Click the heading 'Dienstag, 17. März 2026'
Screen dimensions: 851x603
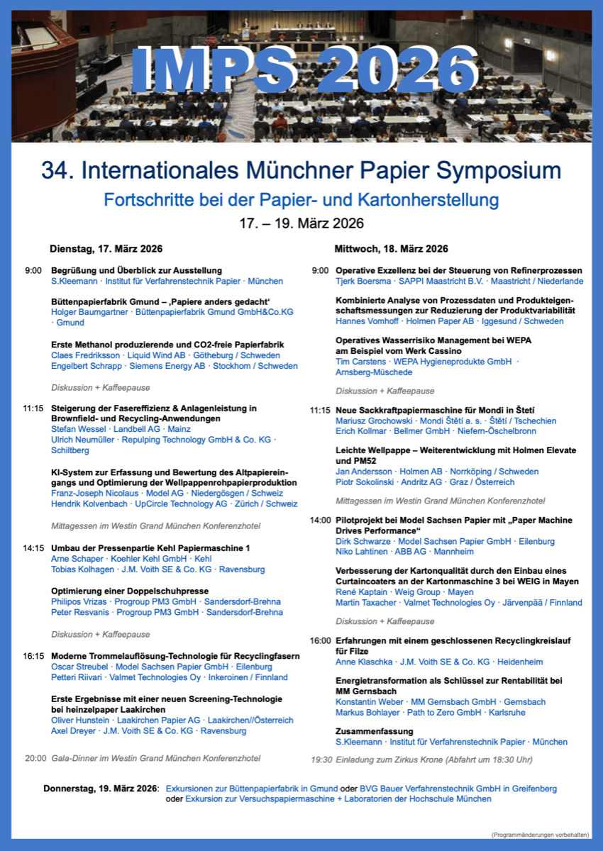(106, 249)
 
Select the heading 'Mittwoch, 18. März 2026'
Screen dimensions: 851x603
(391, 249)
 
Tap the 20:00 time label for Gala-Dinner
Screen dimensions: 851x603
(35, 758)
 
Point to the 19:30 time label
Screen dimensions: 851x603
(321, 760)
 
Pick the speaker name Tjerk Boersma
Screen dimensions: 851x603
(363, 282)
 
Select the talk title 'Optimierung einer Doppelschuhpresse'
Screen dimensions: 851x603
(130, 590)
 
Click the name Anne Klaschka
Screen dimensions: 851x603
(363, 662)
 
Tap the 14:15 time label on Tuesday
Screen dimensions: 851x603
(34, 548)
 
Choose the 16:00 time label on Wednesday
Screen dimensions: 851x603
(321, 640)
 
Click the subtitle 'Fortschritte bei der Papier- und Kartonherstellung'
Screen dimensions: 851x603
(301, 199)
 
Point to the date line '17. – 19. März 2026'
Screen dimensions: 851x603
(301, 223)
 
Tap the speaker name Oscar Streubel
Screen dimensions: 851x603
(79, 667)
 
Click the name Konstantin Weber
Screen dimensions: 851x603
(368, 702)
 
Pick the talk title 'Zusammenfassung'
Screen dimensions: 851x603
(374, 731)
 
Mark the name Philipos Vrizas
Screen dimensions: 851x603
(79, 601)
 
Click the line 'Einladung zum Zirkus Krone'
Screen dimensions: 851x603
(421, 760)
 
